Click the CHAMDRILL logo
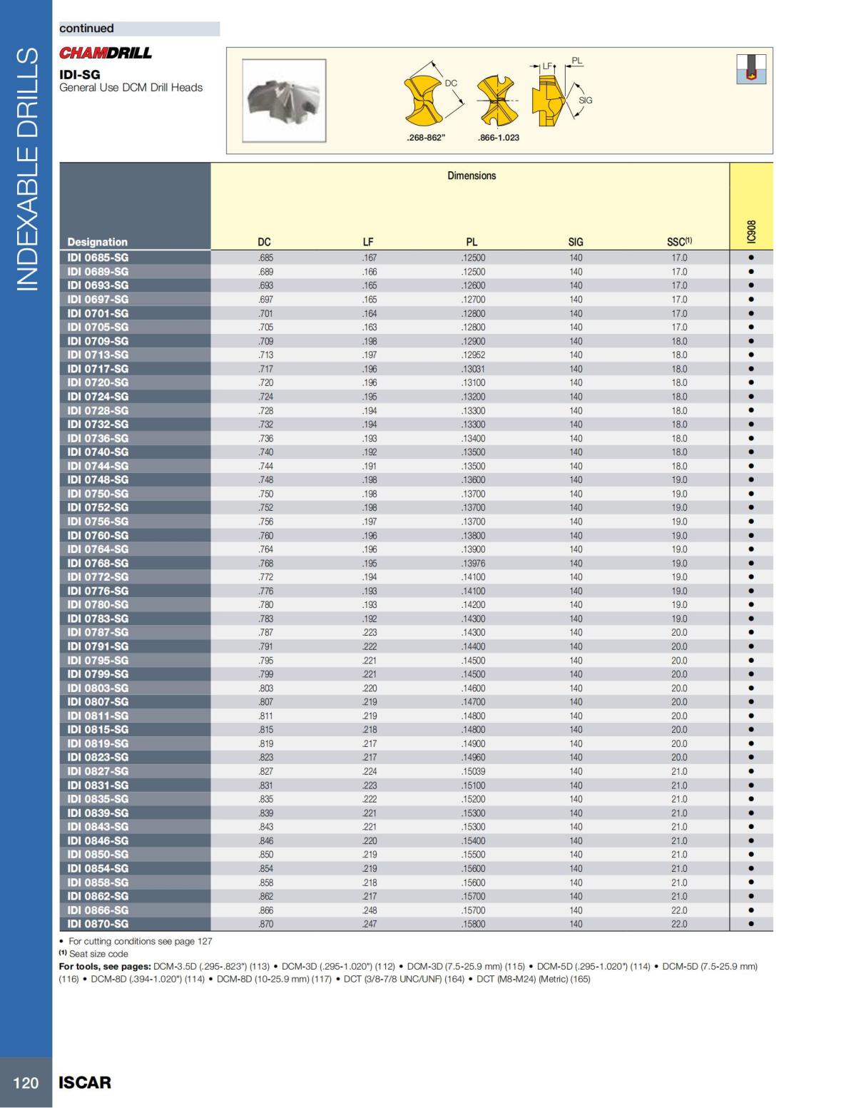tap(106, 53)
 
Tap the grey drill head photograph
tap(284, 101)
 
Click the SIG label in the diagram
tap(585, 101)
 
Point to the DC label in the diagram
tap(451, 83)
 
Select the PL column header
tap(472, 242)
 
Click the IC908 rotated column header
tap(750, 232)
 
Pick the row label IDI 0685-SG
tap(98, 258)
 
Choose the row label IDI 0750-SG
tap(98, 494)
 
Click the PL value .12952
tap(473, 355)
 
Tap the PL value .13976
tap(473, 563)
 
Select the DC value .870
tap(265, 923)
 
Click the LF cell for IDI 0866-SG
tap(370, 910)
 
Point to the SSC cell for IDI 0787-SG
tap(679, 632)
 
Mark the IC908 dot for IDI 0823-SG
tap(751, 757)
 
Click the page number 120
tap(26, 1082)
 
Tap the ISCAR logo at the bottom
tap(85, 1082)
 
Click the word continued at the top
tap(87, 29)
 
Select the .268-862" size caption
tap(426, 138)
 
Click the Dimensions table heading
tap(472, 176)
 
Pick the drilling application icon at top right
tap(751, 69)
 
